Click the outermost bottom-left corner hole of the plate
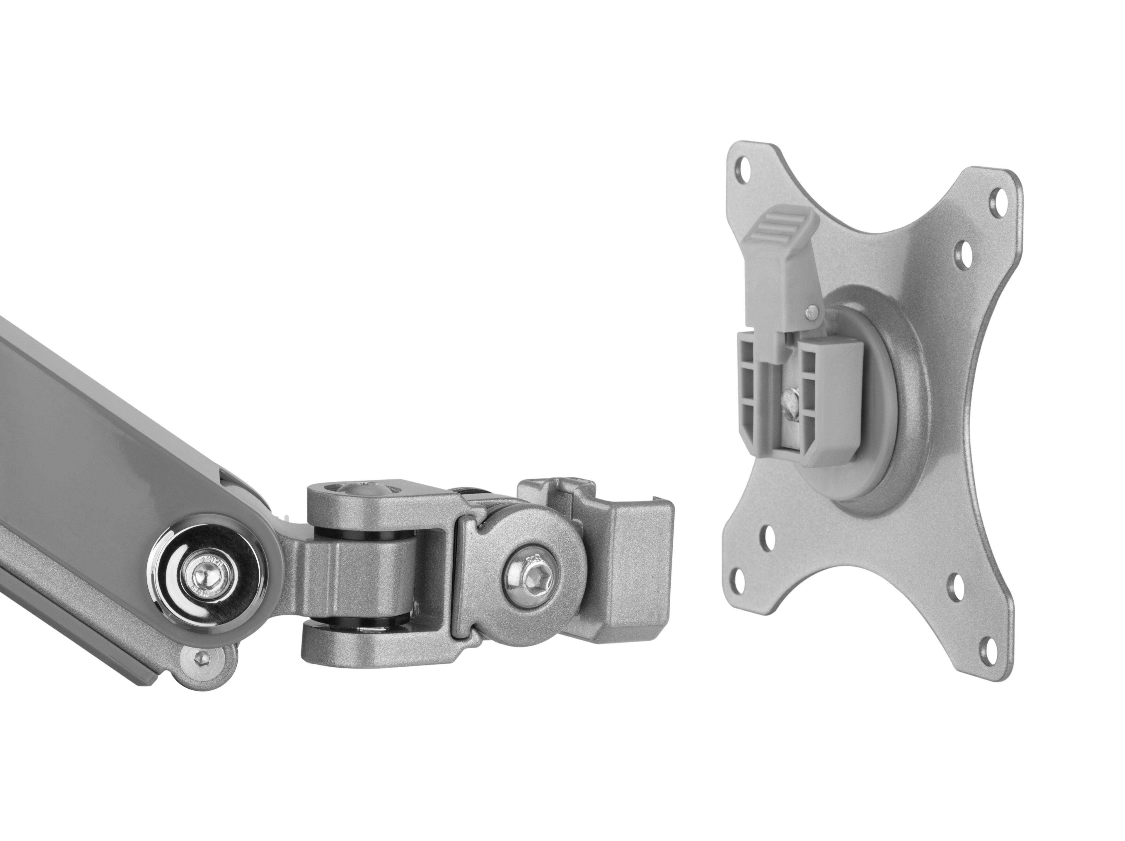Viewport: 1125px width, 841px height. click(x=739, y=575)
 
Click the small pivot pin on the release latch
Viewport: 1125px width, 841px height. click(x=812, y=311)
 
